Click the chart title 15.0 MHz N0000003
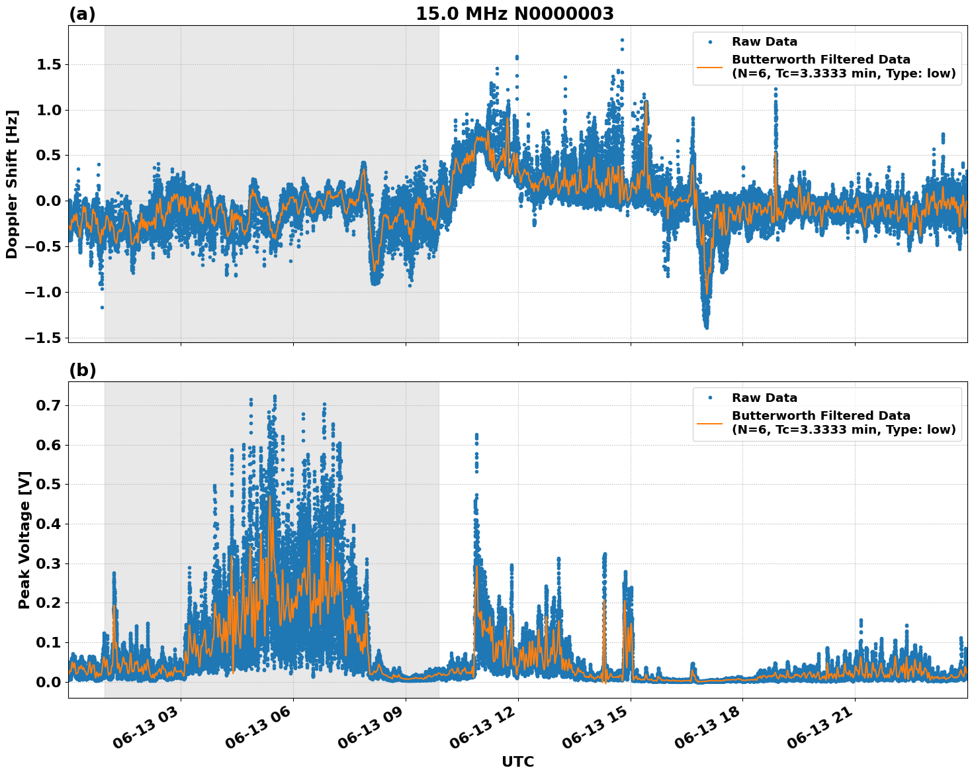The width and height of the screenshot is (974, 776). tap(514, 14)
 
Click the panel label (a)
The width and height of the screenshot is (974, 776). tap(82, 14)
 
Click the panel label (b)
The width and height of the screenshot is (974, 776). tap(82, 370)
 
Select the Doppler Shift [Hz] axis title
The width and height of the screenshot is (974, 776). tap(12, 184)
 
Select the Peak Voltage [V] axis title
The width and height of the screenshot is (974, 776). tap(24, 540)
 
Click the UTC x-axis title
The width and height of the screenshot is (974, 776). tap(517, 761)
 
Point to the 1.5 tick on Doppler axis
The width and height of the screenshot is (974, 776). tap(49, 64)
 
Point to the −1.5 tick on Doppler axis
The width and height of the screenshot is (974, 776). tap(44, 338)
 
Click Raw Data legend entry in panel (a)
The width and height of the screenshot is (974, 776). tap(764, 42)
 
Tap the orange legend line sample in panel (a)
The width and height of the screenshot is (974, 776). tap(710, 66)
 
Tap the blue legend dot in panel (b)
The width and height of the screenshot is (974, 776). tap(710, 398)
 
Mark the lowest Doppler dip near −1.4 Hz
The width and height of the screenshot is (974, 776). tap(707, 326)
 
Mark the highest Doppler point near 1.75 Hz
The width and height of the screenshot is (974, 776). tap(622, 40)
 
